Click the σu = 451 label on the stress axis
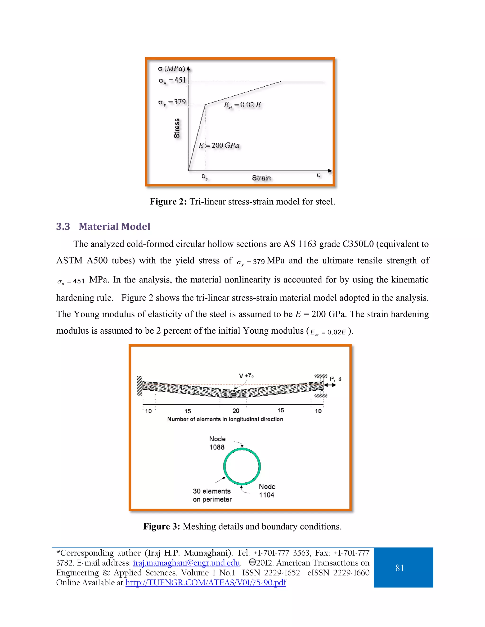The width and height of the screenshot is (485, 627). pyautogui.click(x=172, y=80)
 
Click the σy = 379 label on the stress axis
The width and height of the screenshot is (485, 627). pyautogui.click(x=172, y=102)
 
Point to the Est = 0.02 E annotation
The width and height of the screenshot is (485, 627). pyautogui.click(x=242, y=105)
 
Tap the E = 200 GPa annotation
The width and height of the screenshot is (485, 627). pyautogui.click(x=219, y=146)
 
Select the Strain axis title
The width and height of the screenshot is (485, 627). pyautogui.click(x=261, y=178)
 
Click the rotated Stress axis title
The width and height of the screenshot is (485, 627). pyautogui.click(x=177, y=128)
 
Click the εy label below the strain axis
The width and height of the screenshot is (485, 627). pyautogui.click(x=205, y=177)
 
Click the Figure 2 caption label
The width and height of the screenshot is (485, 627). pyautogui.click(x=168, y=202)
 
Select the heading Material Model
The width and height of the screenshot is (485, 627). pyautogui.click(x=114, y=226)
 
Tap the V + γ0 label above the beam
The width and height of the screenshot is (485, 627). pyautogui.click(x=246, y=375)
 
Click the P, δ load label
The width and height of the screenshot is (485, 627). pyautogui.click(x=335, y=379)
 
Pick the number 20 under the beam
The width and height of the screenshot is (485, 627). pyautogui.click(x=236, y=411)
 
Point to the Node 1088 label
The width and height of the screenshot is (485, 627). pyautogui.click(x=217, y=443)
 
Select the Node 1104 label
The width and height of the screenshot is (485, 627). pyautogui.click(x=267, y=491)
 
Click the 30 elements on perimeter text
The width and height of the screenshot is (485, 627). pyautogui.click(x=212, y=495)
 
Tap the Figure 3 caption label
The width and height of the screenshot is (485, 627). pyautogui.click(x=162, y=526)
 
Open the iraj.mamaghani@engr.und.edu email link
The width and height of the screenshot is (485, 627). pyautogui.click(x=186, y=563)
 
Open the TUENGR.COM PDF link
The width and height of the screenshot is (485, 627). pyautogui.click(x=206, y=583)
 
